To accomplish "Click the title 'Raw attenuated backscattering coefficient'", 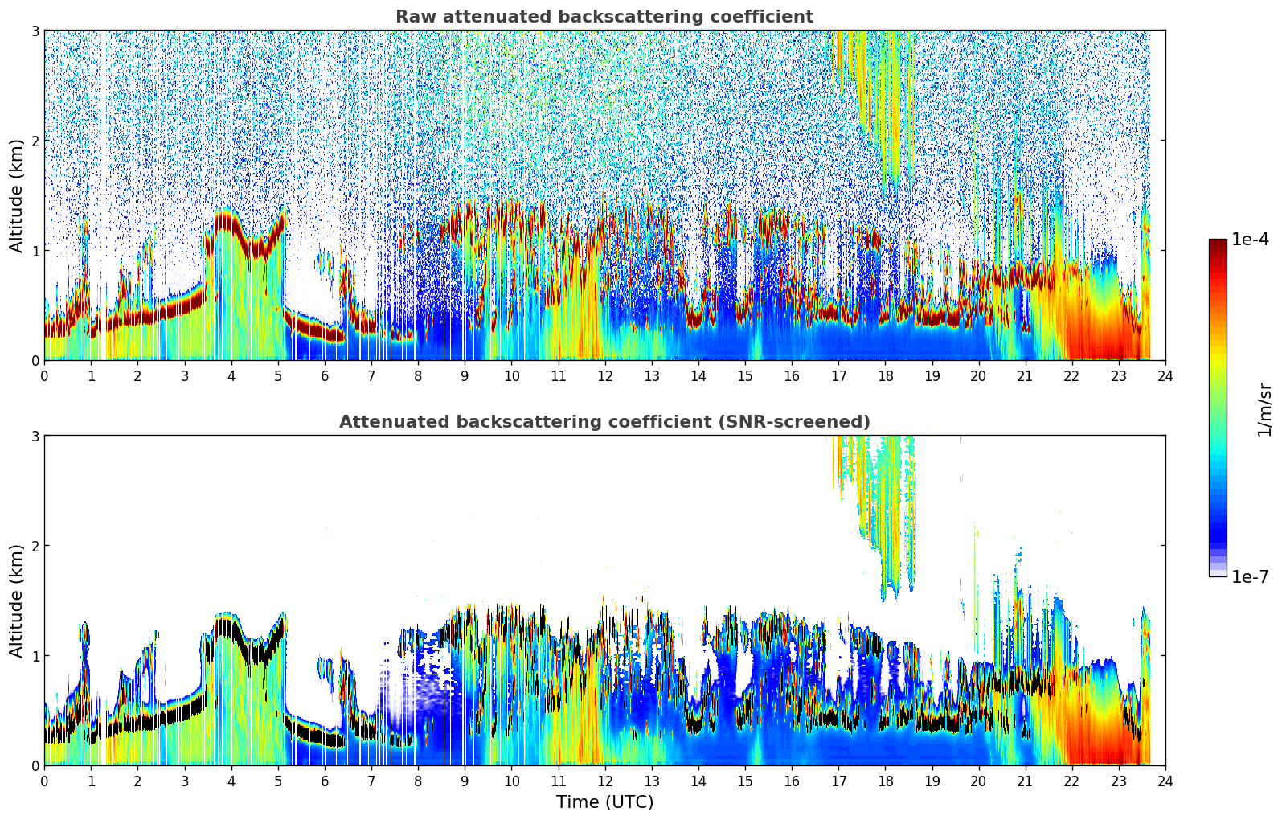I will pos(604,17).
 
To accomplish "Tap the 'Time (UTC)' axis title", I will pos(604,802).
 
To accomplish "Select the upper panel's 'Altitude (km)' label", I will pos(16,195).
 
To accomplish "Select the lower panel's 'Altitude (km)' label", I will pos(16,601).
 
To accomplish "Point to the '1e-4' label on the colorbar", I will pos(1250,240).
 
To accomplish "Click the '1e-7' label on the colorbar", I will pos(1250,576).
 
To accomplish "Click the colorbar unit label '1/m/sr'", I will pos(1264,410).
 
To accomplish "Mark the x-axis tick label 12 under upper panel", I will pos(604,375).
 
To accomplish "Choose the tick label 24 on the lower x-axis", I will pos(1165,781).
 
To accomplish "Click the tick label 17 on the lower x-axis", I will pos(838,781).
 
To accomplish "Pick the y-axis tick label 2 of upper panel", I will pos(35,141).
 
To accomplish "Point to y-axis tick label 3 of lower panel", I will pos(35,436).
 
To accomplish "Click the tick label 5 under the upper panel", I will pos(278,375).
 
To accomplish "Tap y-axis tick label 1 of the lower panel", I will pos(35,656).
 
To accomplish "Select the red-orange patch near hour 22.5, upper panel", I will pos(1097,330).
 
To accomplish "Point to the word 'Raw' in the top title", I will pos(411,17).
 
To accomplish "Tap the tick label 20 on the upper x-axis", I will pos(978,375).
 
